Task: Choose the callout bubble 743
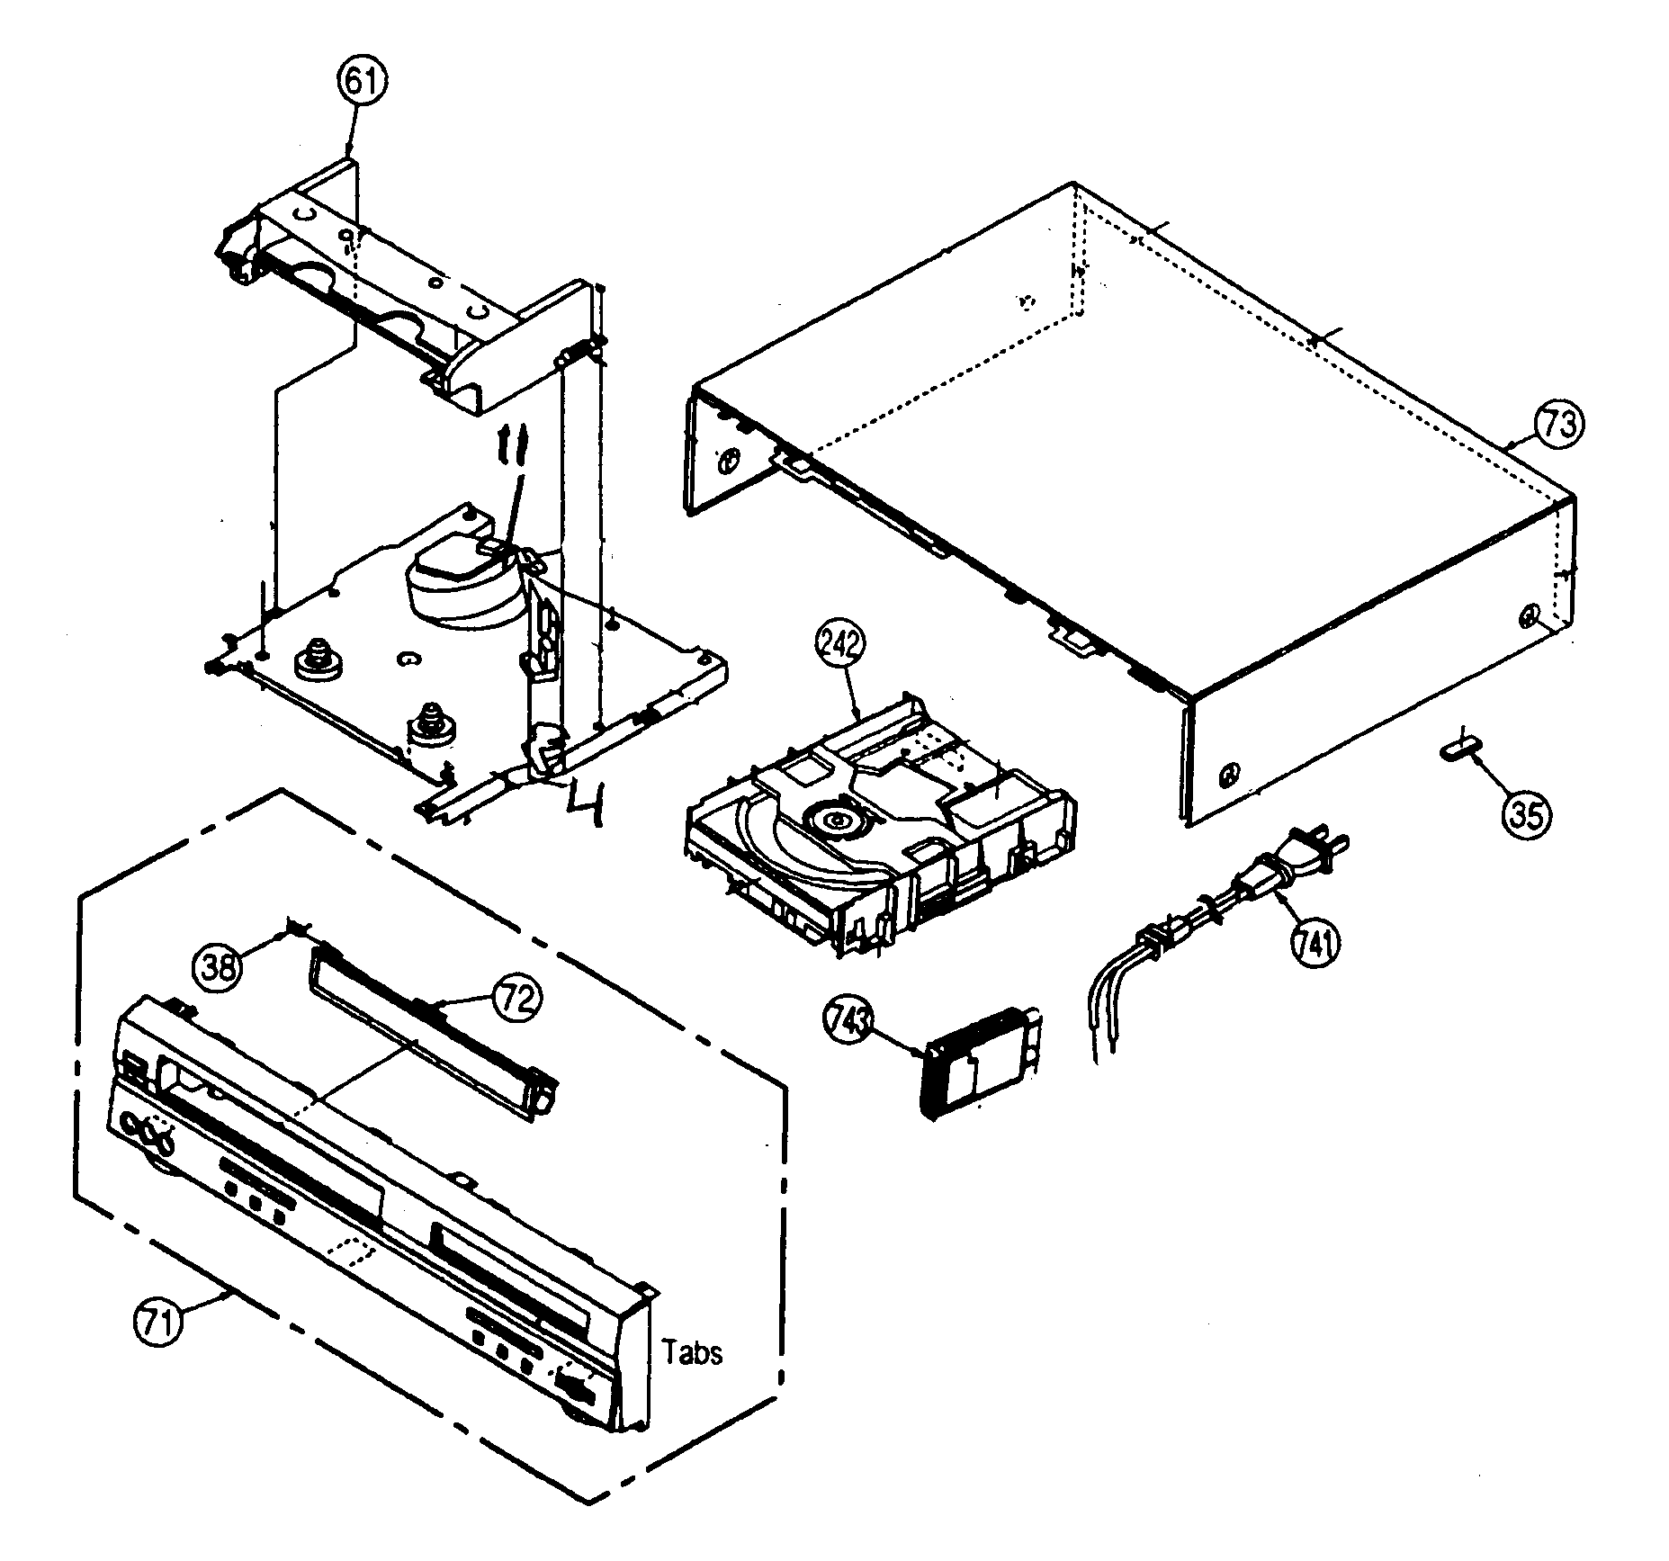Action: (x=848, y=1021)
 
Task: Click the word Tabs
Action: (x=692, y=1352)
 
